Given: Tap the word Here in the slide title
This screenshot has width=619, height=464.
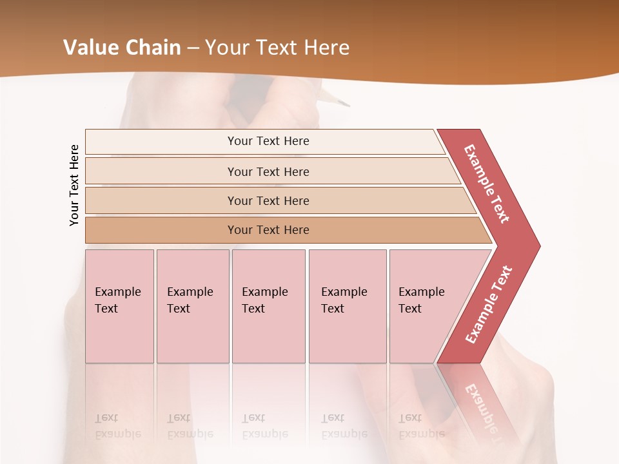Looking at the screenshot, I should click(326, 48).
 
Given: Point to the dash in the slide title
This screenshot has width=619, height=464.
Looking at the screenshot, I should click(193, 48).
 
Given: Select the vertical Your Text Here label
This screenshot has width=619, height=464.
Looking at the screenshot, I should click(74, 186).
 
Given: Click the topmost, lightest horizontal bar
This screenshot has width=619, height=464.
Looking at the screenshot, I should click(268, 141).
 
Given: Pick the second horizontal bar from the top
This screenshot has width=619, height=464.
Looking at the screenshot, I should click(268, 171).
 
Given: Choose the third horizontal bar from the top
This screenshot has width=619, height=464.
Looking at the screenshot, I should click(268, 200).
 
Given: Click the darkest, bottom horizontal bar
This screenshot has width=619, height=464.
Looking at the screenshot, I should click(268, 230).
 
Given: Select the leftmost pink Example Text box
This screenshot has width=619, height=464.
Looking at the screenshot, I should click(119, 305).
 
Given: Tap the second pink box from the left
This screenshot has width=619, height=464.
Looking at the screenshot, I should click(192, 305).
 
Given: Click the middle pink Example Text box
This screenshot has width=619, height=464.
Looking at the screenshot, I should click(268, 305).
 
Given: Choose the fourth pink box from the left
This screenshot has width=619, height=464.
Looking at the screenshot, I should click(347, 305).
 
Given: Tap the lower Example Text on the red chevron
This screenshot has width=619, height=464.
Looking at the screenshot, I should click(489, 305).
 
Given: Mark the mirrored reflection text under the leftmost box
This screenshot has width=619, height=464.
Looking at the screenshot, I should click(117, 426).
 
